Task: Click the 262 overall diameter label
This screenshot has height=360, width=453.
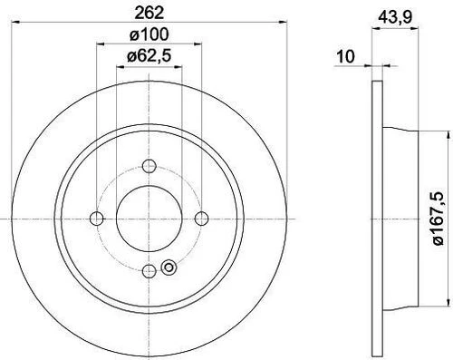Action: pyautogui.click(x=149, y=13)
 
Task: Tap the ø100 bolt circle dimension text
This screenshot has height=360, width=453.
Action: pyautogui.click(x=149, y=34)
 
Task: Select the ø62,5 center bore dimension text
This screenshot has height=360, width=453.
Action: pyautogui.click(x=149, y=56)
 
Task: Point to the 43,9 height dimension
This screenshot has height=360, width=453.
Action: pyautogui.click(x=395, y=17)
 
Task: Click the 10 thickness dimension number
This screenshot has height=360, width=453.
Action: pyautogui.click(x=345, y=56)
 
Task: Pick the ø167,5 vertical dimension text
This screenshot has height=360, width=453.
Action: pyautogui.click(x=439, y=219)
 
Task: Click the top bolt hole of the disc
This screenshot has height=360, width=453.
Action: pyautogui.click(x=149, y=166)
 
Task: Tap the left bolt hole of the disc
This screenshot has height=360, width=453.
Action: pyautogui.click(x=97, y=219)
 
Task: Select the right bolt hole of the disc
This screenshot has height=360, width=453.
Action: pyautogui.click(x=201, y=219)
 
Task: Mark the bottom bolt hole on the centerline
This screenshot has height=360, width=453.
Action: pyautogui.click(x=149, y=270)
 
